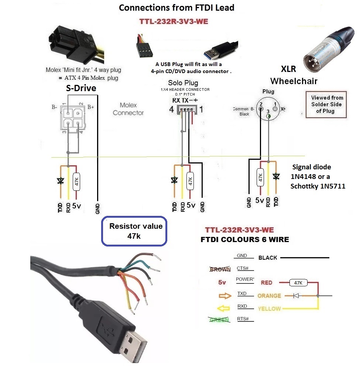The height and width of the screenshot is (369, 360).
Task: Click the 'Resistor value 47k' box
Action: pos(135,231)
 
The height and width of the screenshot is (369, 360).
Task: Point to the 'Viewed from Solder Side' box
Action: pos(326,104)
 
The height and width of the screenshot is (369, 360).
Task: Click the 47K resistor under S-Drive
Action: pos(76,181)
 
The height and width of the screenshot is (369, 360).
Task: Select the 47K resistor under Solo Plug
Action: pos(191,181)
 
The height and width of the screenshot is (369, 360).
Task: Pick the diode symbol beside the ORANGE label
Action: pos(296,296)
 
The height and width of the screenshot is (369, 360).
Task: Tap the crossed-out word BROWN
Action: pos(220,269)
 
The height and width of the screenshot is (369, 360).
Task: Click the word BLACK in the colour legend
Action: pos(268,258)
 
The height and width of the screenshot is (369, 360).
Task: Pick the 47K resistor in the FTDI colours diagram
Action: pos(298,283)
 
